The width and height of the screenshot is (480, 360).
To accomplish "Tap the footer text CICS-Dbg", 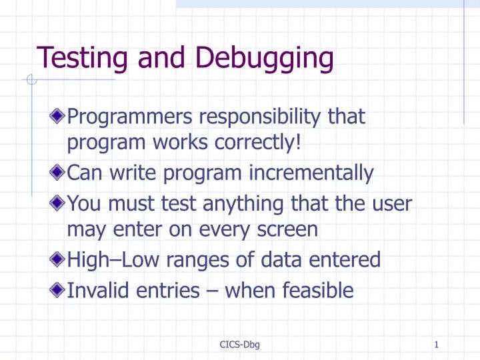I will pos(239,345).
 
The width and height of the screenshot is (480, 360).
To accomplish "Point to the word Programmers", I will pos(134,117).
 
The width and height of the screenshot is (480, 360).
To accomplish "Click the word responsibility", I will pos(264,117).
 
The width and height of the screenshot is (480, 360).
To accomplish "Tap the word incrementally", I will pos(312,173).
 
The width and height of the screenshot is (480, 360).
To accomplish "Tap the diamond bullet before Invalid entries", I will pos(59,289).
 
